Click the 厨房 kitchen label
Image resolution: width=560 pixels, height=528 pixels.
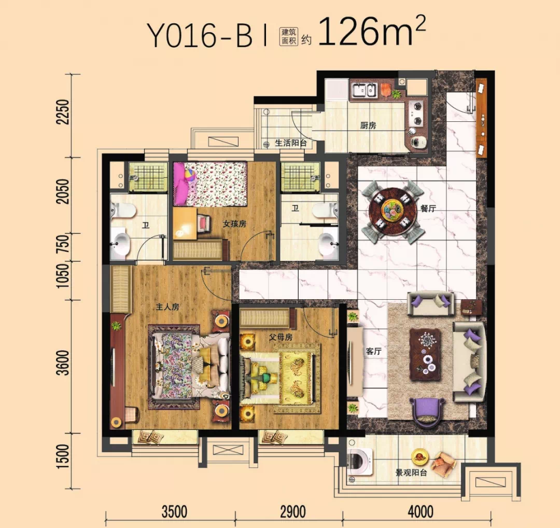[x=368, y=126]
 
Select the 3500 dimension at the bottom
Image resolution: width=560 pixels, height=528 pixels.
[x=174, y=511]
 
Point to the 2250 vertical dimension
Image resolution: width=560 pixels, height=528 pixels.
[x=63, y=112]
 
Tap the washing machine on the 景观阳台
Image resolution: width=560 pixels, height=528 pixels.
[x=359, y=462]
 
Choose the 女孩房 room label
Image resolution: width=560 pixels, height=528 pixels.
[x=234, y=224]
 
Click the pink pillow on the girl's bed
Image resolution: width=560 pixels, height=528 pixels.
[x=181, y=185]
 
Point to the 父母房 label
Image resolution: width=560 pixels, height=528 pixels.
[x=281, y=337]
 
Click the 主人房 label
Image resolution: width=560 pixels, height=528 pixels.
[x=167, y=307]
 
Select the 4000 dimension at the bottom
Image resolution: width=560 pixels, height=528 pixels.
[x=421, y=511]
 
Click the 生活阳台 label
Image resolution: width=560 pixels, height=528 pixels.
[x=291, y=143]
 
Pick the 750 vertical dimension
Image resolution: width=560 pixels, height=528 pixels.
[x=63, y=244]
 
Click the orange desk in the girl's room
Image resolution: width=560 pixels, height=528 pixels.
[x=185, y=224]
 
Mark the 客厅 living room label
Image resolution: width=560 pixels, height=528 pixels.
[x=373, y=351]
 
